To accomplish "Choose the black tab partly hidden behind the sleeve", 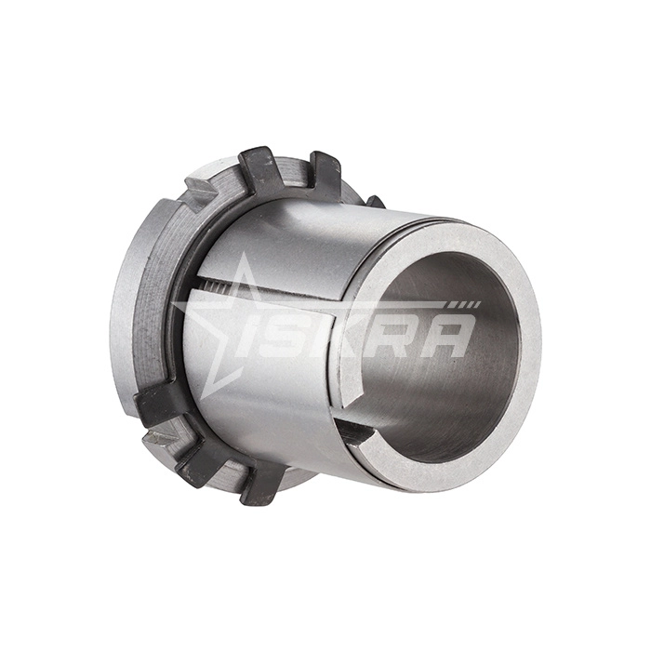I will (374, 201).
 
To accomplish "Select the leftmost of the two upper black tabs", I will (259, 172).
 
